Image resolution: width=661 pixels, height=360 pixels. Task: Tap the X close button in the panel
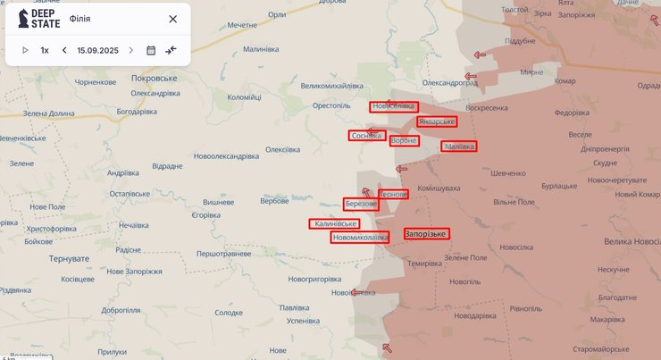[x=172, y=19]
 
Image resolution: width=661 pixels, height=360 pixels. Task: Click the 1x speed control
[x=45, y=50]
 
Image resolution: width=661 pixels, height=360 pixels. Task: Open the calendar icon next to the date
[x=151, y=50]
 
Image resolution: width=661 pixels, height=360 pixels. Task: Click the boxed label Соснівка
[x=367, y=136]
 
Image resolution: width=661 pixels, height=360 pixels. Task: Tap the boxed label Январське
[x=437, y=121]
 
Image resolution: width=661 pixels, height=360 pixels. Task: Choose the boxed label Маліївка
[x=459, y=146]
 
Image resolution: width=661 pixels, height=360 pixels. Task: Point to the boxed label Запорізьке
[x=426, y=234]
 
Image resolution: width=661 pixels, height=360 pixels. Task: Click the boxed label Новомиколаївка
[x=360, y=238]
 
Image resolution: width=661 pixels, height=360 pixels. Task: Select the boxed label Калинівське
[x=335, y=223]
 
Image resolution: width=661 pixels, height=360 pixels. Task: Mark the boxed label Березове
[x=361, y=205]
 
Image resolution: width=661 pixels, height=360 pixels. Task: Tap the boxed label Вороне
[x=405, y=140]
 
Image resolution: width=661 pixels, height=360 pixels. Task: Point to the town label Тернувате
[x=68, y=258]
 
